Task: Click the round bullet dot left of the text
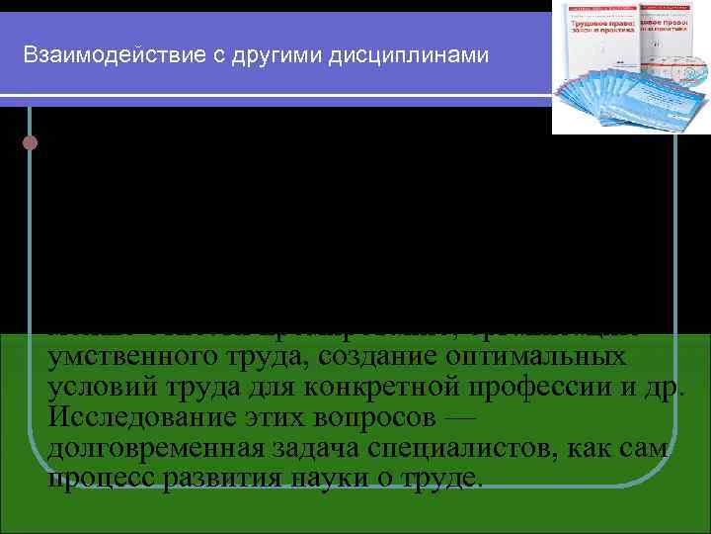(30, 142)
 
